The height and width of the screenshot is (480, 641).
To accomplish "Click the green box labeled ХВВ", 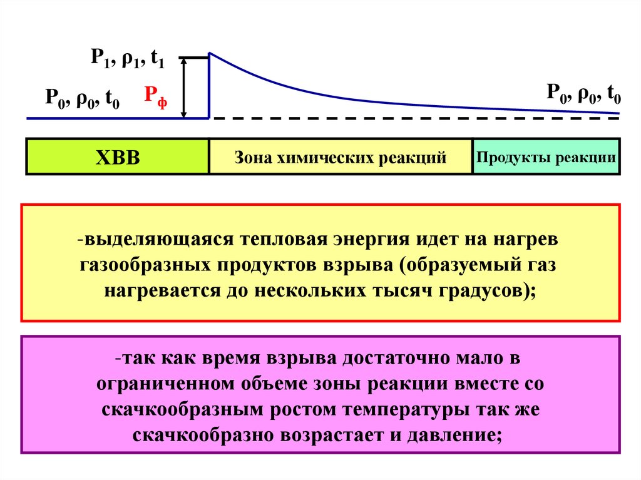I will pyautogui.click(x=117, y=157).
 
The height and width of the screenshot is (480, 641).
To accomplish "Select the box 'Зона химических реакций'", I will pyautogui.click(x=340, y=157).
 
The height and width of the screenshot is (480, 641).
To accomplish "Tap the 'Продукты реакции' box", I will pyautogui.click(x=545, y=156).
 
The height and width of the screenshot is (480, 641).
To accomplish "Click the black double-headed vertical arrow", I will pyautogui.click(x=184, y=87).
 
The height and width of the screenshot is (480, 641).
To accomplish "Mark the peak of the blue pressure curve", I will pyautogui.click(x=210, y=54).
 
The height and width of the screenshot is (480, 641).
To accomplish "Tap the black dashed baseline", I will pyautogui.click(x=413, y=118).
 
